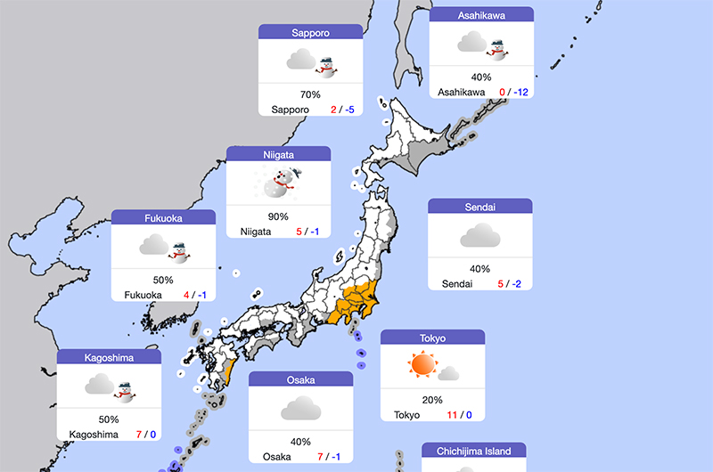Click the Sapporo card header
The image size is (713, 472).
pyautogui.click(x=310, y=32)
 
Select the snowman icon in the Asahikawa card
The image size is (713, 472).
pyautogui.click(x=496, y=45)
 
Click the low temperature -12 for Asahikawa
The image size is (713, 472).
pyautogui.click(x=520, y=92)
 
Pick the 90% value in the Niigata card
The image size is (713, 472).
pyautogui.click(x=278, y=216)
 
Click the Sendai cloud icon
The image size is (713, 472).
pyautogui.click(x=479, y=236)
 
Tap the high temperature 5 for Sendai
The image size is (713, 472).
pyautogui.click(x=500, y=284)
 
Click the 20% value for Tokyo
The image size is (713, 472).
pyautogui.click(x=432, y=399)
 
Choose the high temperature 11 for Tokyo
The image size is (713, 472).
pyautogui.click(x=452, y=415)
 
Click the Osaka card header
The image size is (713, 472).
pyautogui.click(x=300, y=379)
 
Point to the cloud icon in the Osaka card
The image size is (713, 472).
pyautogui.click(x=300, y=409)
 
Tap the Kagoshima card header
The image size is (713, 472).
pyautogui.click(x=109, y=357)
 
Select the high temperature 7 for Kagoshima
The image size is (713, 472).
pyautogui.click(x=139, y=435)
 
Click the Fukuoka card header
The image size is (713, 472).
pyautogui.click(x=163, y=217)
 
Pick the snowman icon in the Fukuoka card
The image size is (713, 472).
pyautogui.click(x=180, y=252)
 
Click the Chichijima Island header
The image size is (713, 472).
pyautogui.click(x=473, y=451)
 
